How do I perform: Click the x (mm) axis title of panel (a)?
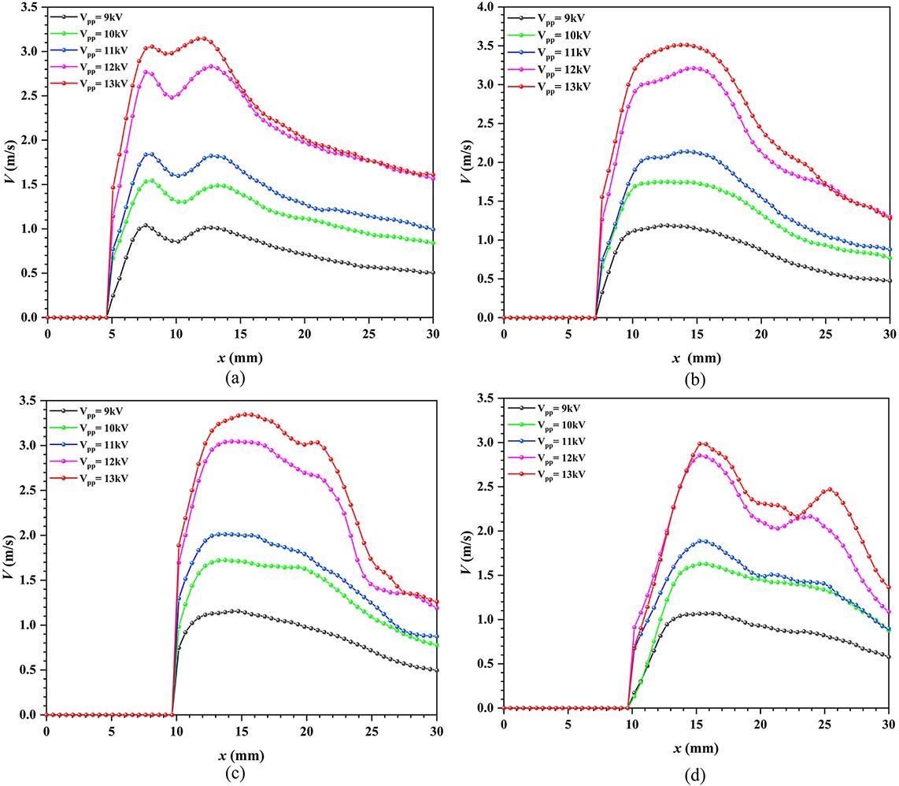click(x=241, y=357)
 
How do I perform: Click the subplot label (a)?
click(x=234, y=378)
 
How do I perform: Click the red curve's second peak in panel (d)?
click(x=829, y=489)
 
